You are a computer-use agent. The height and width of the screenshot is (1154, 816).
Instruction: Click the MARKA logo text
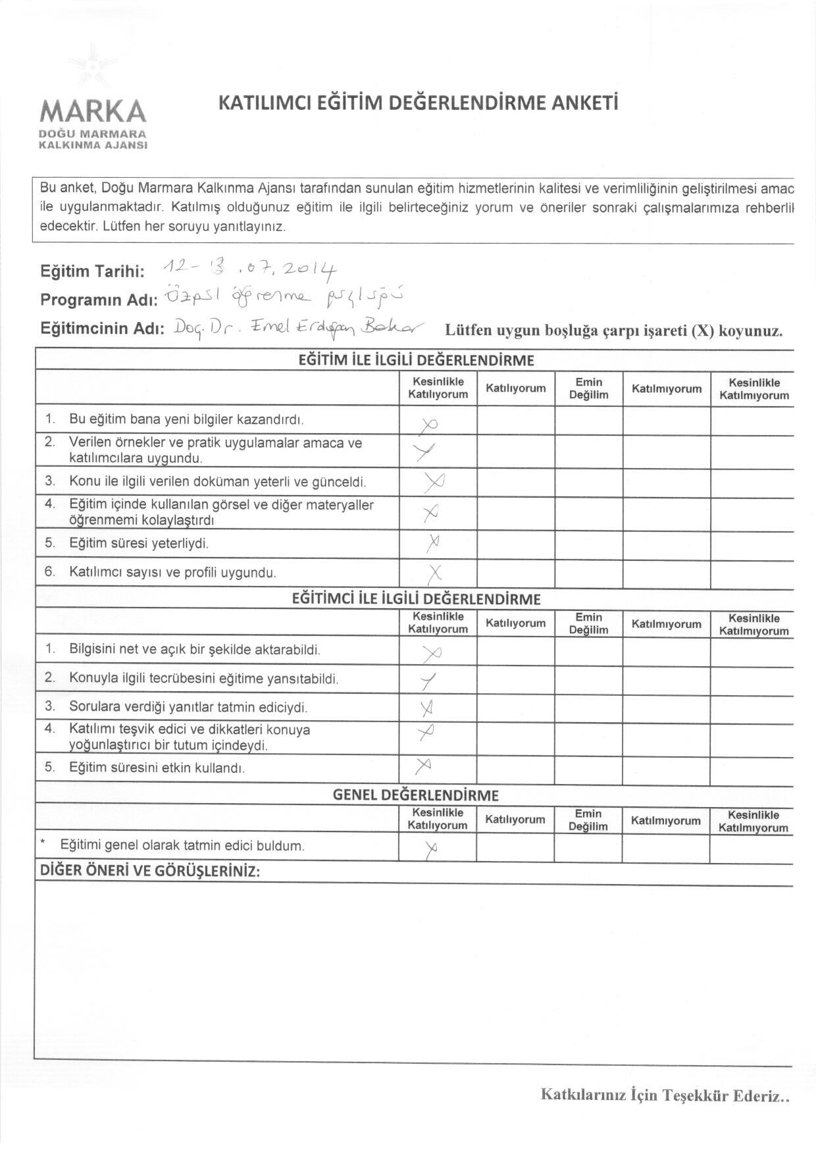93,111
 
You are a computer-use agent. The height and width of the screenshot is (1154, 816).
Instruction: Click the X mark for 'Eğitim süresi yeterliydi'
432,543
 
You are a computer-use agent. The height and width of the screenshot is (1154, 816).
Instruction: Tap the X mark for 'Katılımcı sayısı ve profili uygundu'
434,573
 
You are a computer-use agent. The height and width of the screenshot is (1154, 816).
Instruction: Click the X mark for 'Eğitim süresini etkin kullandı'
424,766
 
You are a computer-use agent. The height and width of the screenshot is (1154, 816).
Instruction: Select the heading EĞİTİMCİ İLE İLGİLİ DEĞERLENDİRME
416,599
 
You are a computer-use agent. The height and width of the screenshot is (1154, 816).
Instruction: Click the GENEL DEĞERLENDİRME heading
416,795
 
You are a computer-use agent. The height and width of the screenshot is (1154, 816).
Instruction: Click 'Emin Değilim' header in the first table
589,388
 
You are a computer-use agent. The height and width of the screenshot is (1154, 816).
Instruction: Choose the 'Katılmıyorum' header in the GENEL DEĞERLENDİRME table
665,820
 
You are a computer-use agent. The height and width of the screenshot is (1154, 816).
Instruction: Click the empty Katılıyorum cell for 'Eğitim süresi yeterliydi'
516,544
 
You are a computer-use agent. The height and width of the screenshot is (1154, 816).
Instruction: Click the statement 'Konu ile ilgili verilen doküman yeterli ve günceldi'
217,482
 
